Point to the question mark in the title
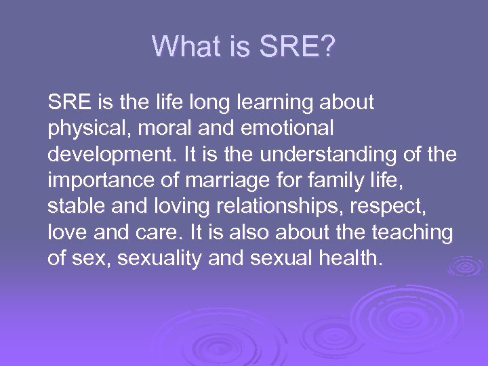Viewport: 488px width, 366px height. tap(327, 47)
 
